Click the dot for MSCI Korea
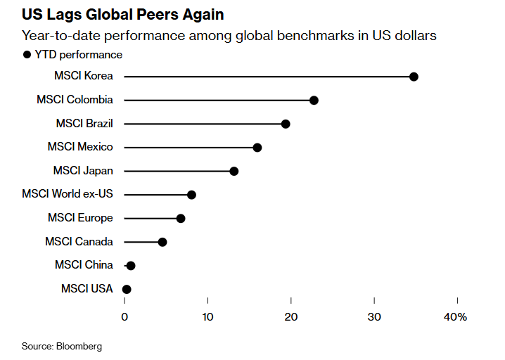tap(414, 77)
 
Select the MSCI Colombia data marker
tap(314, 101)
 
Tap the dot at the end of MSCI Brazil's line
tap(286, 124)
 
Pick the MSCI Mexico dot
tap(257, 148)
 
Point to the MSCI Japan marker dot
tap(234, 171)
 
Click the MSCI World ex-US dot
tap(191, 195)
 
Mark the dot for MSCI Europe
tap(181, 219)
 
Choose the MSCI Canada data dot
tap(162, 242)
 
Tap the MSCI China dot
tap(131, 266)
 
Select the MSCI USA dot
tap(127, 289)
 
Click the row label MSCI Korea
tap(83, 77)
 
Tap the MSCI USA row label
tap(87, 289)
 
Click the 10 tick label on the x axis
tap(207, 317)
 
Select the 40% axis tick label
tap(456, 317)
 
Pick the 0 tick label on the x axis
tap(124, 317)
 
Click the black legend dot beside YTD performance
tap(27, 55)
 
